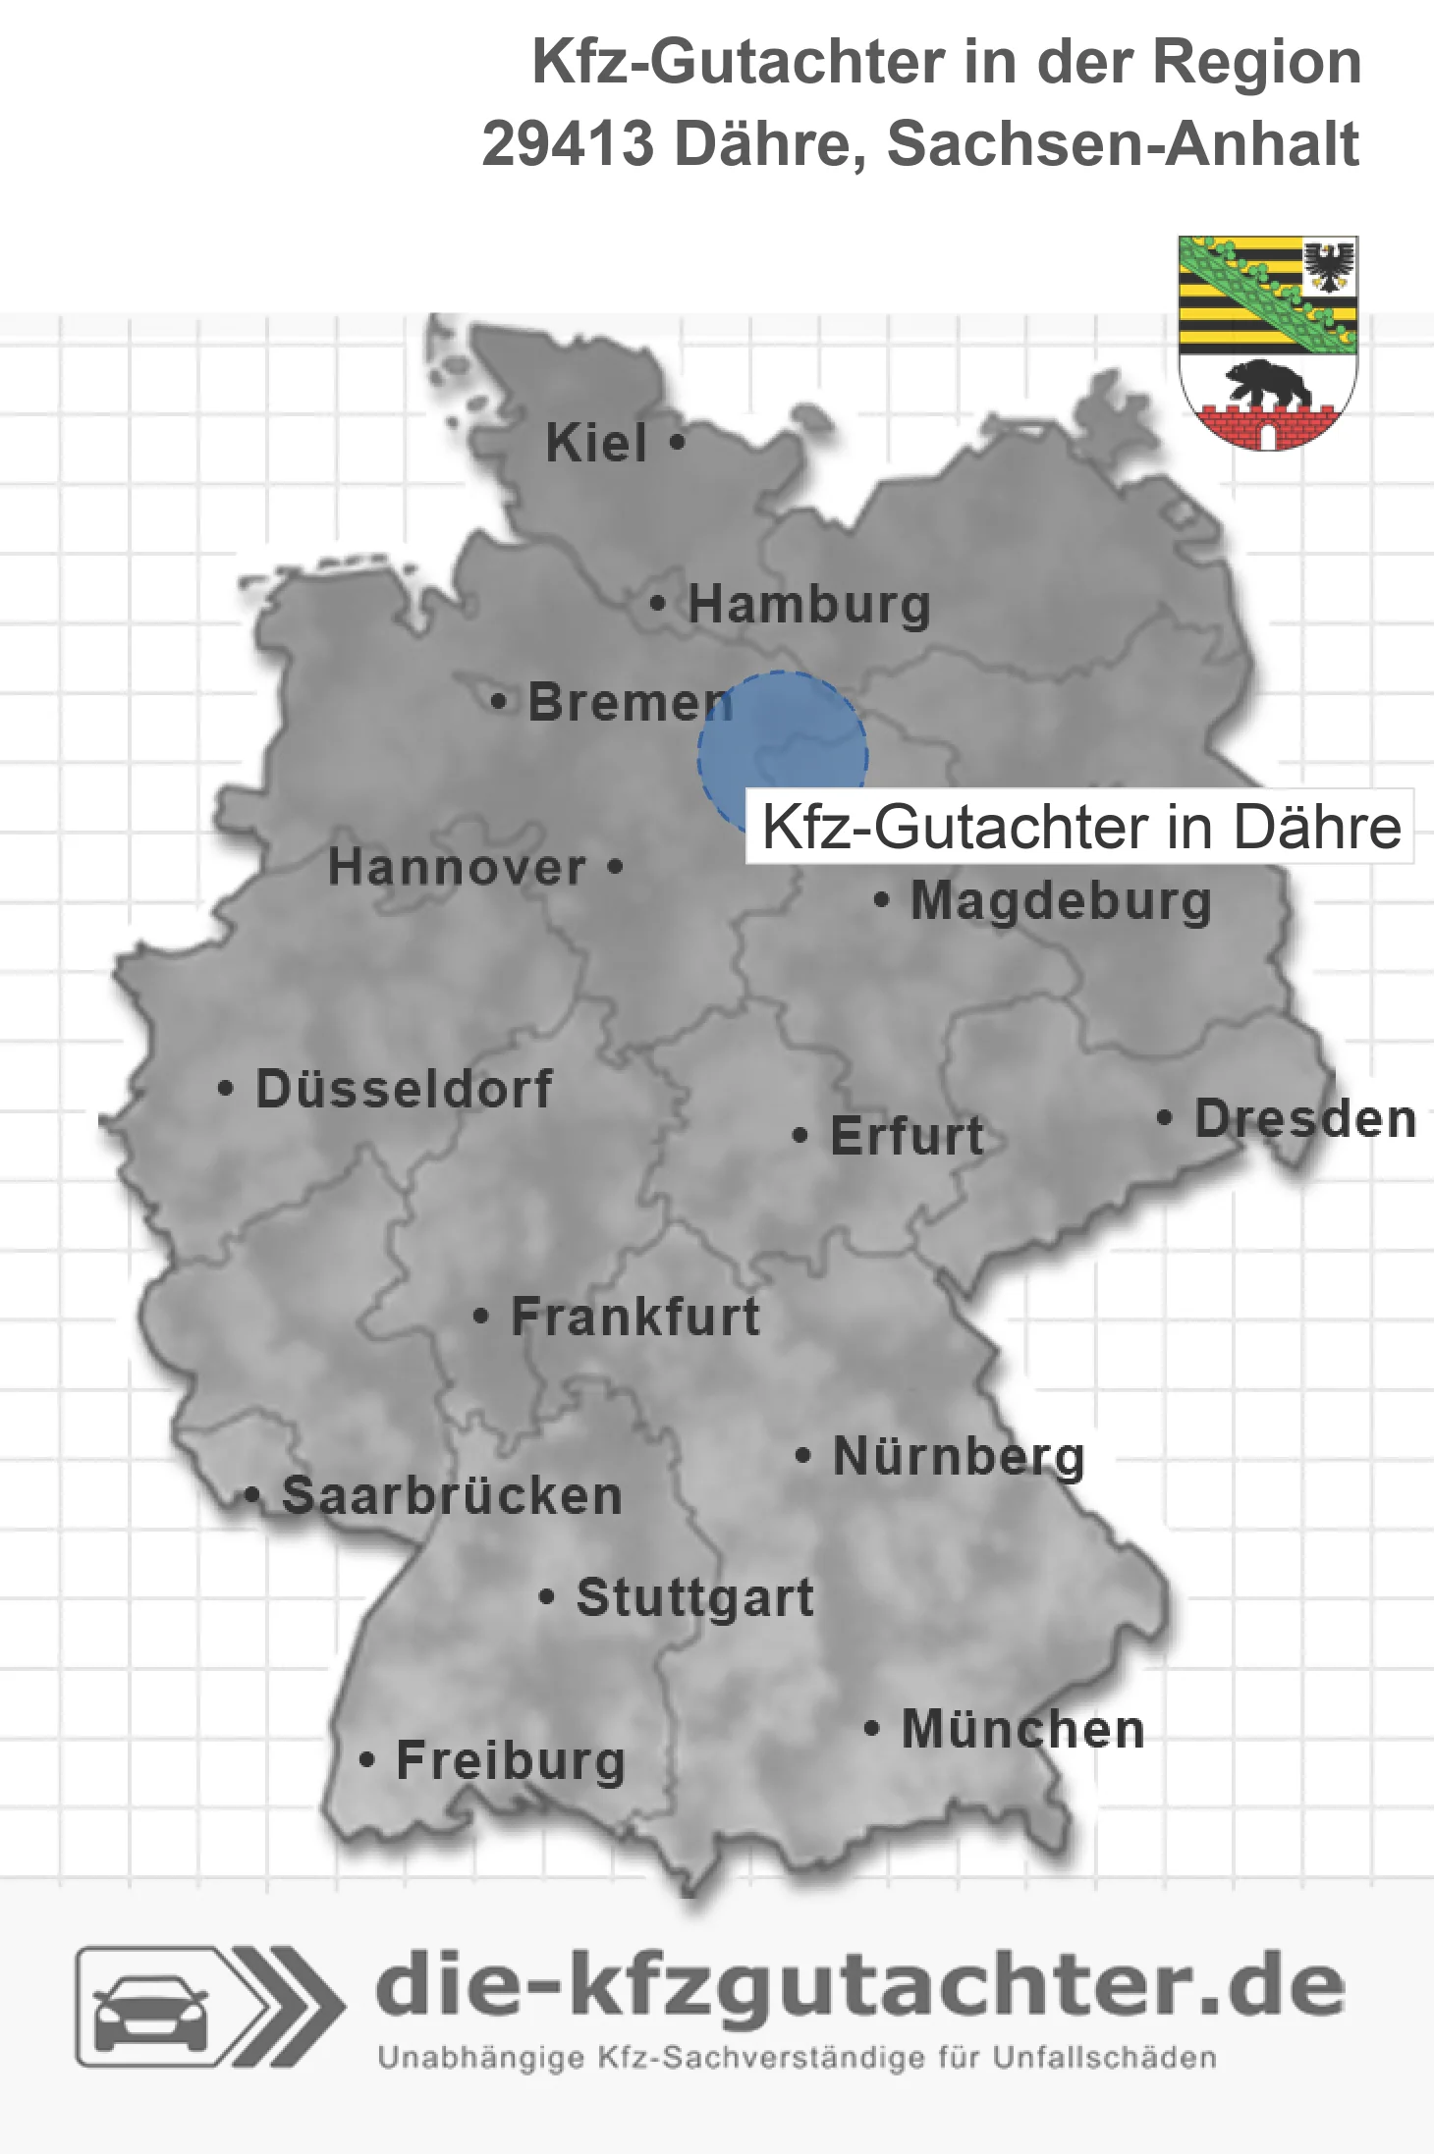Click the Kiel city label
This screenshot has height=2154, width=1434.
click(x=596, y=443)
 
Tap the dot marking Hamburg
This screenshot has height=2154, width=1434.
click(x=657, y=604)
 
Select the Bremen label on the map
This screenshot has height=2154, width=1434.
click(x=630, y=702)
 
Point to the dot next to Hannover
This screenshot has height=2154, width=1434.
click(x=615, y=867)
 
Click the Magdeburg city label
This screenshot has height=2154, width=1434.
click(x=1061, y=901)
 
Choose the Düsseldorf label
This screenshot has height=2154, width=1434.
click(x=404, y=1089)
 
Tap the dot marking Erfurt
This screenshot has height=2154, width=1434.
click(x=800, y=1136)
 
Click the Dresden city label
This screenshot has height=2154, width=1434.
click(x=1305, y=1119)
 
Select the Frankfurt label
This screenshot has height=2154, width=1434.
click(x=635, y=1317)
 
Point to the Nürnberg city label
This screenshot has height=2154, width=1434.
click(x=959, y=1456)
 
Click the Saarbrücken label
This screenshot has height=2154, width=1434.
click(x=452, y=1496)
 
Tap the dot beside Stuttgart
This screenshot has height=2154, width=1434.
click(x=547, y=1597)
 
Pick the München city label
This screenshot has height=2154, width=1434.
click(x=1023, y=1729)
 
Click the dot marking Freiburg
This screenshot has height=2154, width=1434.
click(x=366, y=1760)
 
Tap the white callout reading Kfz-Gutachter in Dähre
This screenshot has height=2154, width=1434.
click(x=1080, y=827)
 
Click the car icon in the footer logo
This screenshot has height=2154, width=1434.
click(x=150, y=2008)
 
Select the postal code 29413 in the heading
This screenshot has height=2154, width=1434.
click(x=568, y=144)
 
